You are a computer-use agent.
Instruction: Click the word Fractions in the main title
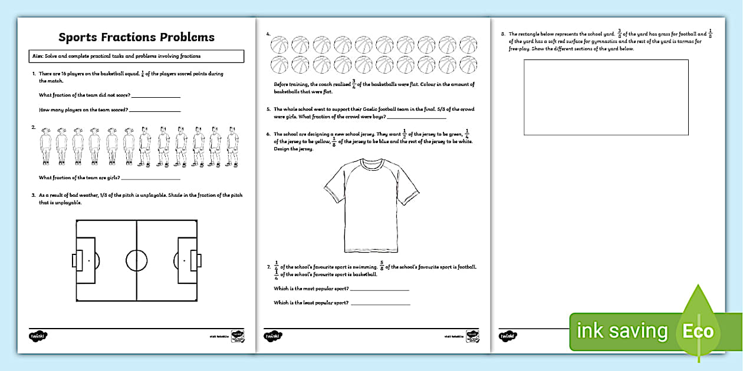click(137, 37)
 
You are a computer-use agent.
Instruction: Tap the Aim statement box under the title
click(136, 57)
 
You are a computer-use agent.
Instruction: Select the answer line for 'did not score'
click(156, 96)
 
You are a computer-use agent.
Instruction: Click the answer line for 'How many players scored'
click(154, 110)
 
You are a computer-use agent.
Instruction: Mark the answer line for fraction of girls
click(150, 178)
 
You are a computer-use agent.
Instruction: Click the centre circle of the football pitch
click(137, 260)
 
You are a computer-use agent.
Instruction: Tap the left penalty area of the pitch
click(85, 260)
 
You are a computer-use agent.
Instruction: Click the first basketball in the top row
click(280, 44)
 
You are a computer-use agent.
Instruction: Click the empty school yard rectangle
click(606, 98)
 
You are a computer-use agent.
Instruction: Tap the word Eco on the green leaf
click(698, 332)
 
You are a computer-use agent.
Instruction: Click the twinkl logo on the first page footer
click(37, 336)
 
